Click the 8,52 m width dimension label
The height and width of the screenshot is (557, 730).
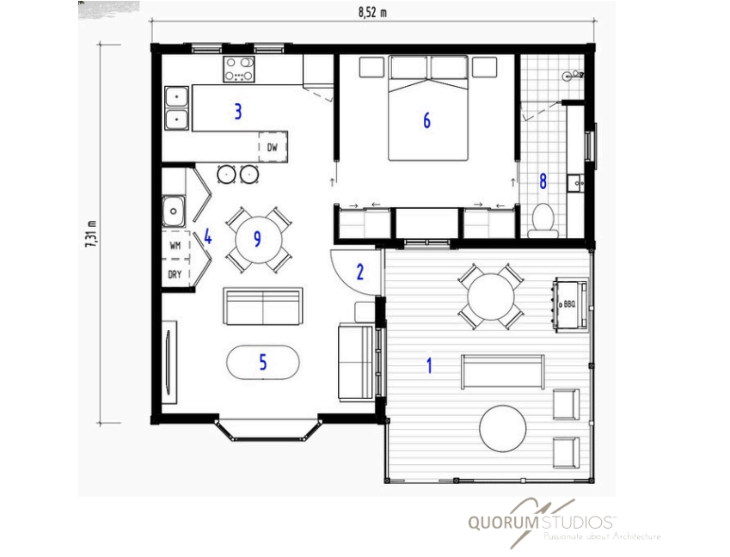[x=372, y=12]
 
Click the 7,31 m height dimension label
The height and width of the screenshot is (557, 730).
[x=92, y=234]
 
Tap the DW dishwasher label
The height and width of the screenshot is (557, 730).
[x=273, y=147]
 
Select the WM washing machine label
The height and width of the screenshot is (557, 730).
[x=175, y=245]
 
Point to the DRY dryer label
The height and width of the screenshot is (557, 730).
[x=175, y=274]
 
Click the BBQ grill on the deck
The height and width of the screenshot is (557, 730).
[x=570, y=305]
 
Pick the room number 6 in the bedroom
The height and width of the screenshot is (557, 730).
[x=426, y=120]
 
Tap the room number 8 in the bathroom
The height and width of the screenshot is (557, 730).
[x=543, y=181]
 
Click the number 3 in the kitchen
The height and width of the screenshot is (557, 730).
[x=238, y=112]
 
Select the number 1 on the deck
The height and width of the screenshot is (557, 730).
[x=429, y=365]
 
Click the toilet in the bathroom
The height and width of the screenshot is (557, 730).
[x=543, y=220]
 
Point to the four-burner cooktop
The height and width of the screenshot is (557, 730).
[x=239, y=69]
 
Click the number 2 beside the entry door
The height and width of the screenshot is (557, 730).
[x=360, y=272]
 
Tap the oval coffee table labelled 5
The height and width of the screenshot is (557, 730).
[x=263, y=362]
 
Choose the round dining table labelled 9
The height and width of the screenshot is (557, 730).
[x=259, y=239]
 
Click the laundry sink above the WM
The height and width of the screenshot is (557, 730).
[x=174, y=211]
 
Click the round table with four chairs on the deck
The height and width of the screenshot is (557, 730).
[x=491, y=297]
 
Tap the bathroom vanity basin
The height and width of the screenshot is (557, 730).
[x=576, y=183]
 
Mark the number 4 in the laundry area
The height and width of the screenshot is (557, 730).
[x=207, y=237]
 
